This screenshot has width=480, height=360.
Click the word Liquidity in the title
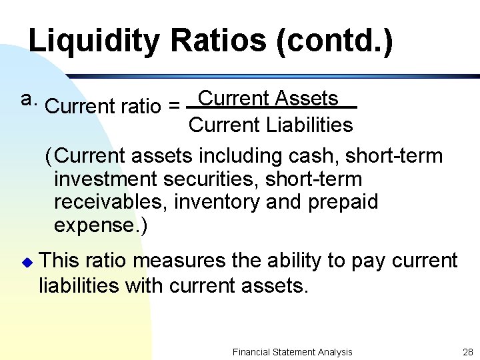coord(94,41)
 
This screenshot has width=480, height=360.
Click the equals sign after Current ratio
coord(174,106)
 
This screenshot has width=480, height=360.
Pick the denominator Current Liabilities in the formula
coord(271,125)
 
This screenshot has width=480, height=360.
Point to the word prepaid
coord(343,202)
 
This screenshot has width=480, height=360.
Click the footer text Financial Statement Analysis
coord(292,352)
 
